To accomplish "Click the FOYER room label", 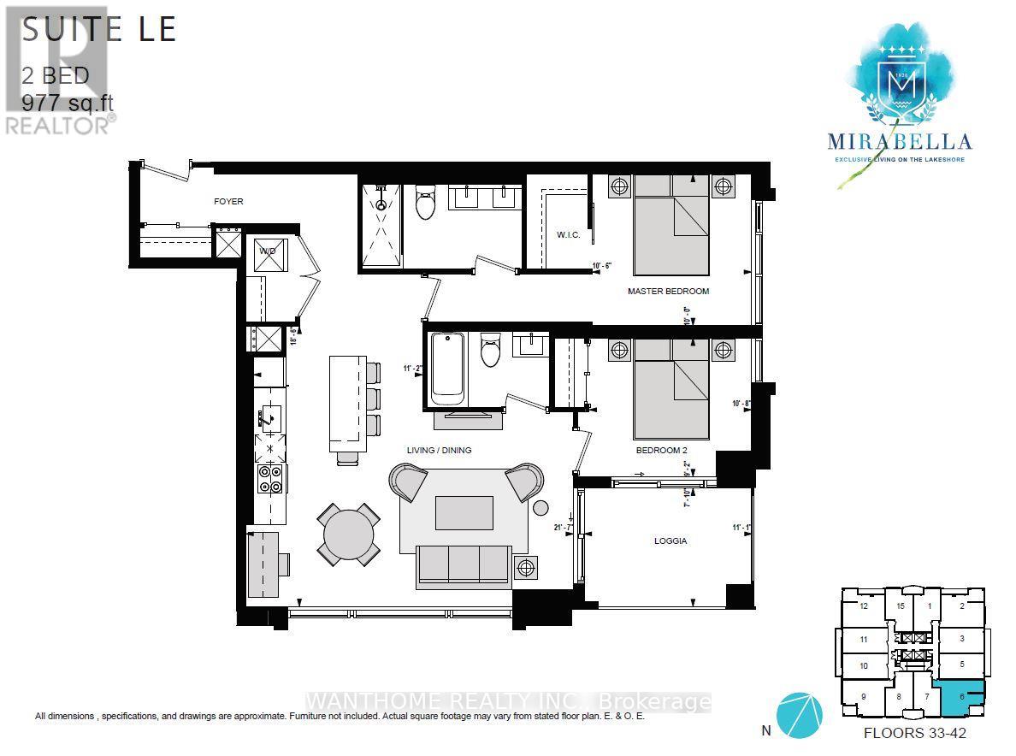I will coord(228,202).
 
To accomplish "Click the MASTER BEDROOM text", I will coord(668,292).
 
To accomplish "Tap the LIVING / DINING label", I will coord(439,450).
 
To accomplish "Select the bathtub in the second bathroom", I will coord(447,369).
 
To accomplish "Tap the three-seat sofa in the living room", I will coord(463,565).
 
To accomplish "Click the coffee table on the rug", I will coord(464,513).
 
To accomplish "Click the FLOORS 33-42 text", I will coord(915,733).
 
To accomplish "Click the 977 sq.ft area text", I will coord(68,103).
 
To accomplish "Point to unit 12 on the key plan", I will coord(864,606).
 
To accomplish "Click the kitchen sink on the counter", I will coord(268,417).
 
